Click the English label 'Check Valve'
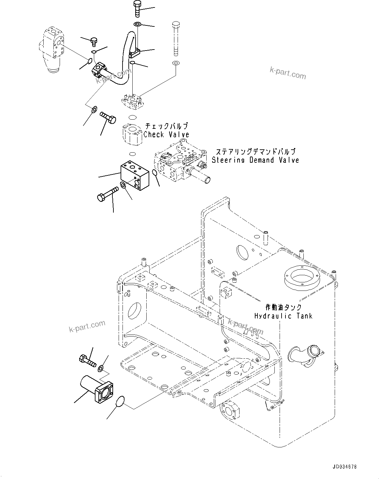tap(166, 134)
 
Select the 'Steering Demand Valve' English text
tap(255, 160)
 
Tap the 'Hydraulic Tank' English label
tap(283, 316)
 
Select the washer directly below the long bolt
tap(176, 63)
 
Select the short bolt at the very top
tap(137, 9)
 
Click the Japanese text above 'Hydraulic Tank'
tap(283, 307)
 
